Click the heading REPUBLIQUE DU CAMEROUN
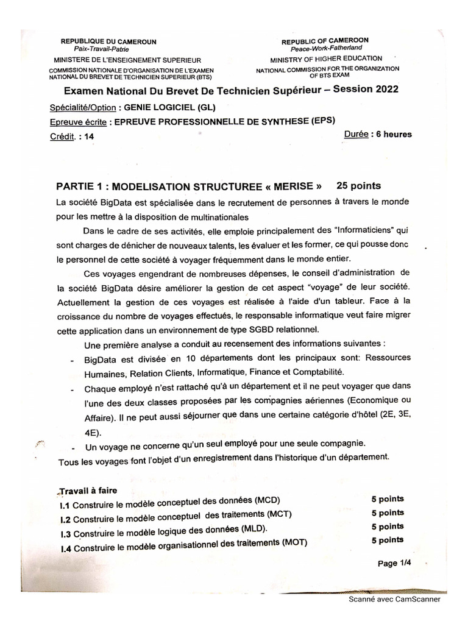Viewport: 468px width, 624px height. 108,41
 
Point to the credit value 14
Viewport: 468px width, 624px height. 90,137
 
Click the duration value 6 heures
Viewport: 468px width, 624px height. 394,135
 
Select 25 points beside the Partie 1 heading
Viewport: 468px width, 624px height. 359,185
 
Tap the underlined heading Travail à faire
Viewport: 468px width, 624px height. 88,490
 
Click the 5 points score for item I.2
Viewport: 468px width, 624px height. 388,512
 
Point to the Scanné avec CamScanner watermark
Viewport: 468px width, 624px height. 394,599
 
